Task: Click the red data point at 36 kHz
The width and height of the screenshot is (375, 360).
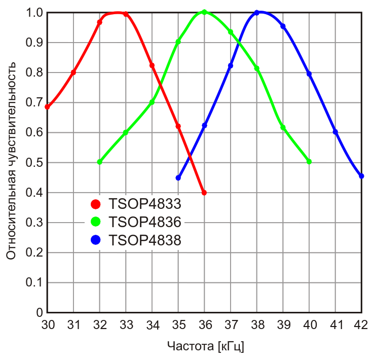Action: pyautogui.click(x=204, y=193)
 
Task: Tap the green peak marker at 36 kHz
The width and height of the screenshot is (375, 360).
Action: pyautogui.click(x=204, y=12)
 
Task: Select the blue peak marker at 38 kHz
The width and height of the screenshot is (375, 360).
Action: pyautogui.click(x=256, y=13)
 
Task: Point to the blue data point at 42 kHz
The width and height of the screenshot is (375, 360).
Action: pyautogui.click(x=361, y=176)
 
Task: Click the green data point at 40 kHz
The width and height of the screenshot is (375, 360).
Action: pyautogui.click(x=309, y=162)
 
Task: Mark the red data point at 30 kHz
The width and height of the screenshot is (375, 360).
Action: pyautogui.click(x=48, y=107)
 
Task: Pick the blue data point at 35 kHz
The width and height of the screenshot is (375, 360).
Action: pyautogui.click(x=178, y=178)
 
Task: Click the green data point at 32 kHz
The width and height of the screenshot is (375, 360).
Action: pyautogui.click(x=100, y=162)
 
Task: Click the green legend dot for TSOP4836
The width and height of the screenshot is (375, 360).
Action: pyautogui.click(x=95, y=222)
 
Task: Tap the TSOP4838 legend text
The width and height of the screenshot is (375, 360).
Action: pyautogui.click(x=145, y=240)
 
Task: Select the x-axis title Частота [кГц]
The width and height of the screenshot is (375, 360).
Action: pyautogui.click(x=205, y=347)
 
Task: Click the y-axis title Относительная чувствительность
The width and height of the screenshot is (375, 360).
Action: pyautogui.click(x=11, y=161)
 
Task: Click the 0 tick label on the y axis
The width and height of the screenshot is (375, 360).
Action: pyautogui.click(x=39, y=313)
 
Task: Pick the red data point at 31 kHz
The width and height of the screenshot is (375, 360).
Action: pyautogui.click(x=73, y=73)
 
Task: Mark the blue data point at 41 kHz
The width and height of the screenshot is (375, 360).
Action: pyautogui.click(x=335, y=132)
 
